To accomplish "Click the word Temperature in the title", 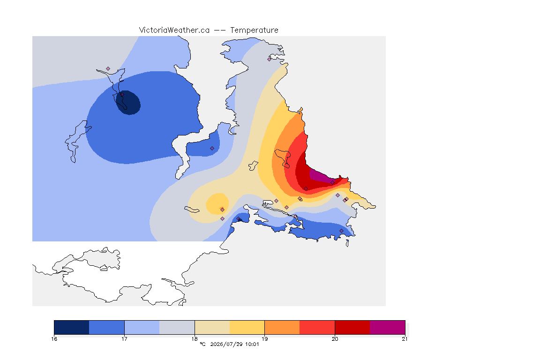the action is click(x=254, y=30).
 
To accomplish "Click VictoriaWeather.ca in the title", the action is click(x=174, y=30).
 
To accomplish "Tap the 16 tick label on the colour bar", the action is click(x=54, y=339).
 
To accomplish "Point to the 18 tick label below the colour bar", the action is click(x=195, y=339).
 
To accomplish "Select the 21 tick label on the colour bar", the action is click(x=405, y=339).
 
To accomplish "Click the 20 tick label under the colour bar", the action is click(x=335, y=339).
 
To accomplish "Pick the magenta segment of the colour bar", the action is click(x=388, y=327).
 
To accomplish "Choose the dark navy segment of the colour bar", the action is click(x=72, y=327).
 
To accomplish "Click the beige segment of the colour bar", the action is click(x=212, y=327).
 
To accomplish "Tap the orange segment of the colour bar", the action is click(x=282, y=327).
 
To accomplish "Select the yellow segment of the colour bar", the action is click(x=247, y=327).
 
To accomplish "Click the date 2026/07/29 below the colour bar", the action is click(x=226, y=344).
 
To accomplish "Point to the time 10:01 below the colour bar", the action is click(x=252, y=344).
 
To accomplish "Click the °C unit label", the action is click(x=202, y=344).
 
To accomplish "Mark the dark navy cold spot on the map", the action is click(x=128, y=103).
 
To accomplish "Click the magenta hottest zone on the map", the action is click(x=322, y=175).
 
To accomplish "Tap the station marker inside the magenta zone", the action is click(x=332, y=183).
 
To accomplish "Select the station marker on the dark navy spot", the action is click(x=122, y=94).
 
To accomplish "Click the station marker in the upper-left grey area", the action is click(x=108, y=69).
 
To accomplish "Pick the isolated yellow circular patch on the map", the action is click(x=217, y=204).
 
